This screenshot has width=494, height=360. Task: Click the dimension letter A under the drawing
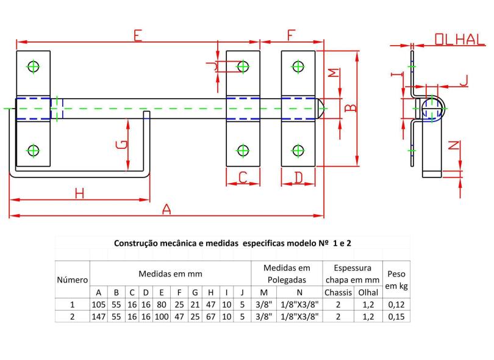pyautogui.click(x=166, y=209)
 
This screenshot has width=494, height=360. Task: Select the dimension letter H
pyautogui.click(x=79, y=193)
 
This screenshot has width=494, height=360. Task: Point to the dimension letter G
pyautogui.click(x=121, y=145)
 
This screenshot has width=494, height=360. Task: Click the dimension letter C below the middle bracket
pyautogui.click(x=242, y=178)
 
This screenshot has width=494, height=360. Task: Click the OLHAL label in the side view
pyautogui.click(x=459, y=40)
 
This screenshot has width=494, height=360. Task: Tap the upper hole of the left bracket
pyautogui.click(x=33, y=67)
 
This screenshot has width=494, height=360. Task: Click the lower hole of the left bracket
pyautogui.click(x=33, y=150)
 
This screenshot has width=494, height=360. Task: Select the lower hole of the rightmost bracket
pyautogui.click(x=298, y=150)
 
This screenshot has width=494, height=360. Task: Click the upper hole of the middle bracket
pyautogui.click(x=243, y=67)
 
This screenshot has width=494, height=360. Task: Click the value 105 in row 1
pyautogui.click(x=99, y=304)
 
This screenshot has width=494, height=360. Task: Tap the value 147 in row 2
pyautogui.click(x=99, y=317)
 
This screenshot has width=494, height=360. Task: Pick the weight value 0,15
pyautogui.click(x=396, y=317)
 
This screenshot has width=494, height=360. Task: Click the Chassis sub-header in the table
pyautogui.click(x=338, y=292)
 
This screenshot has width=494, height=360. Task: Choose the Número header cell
pyautogui.click(x=73, y=280)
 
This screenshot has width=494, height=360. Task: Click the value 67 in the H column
pyautogui.click(x=210, y=317)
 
